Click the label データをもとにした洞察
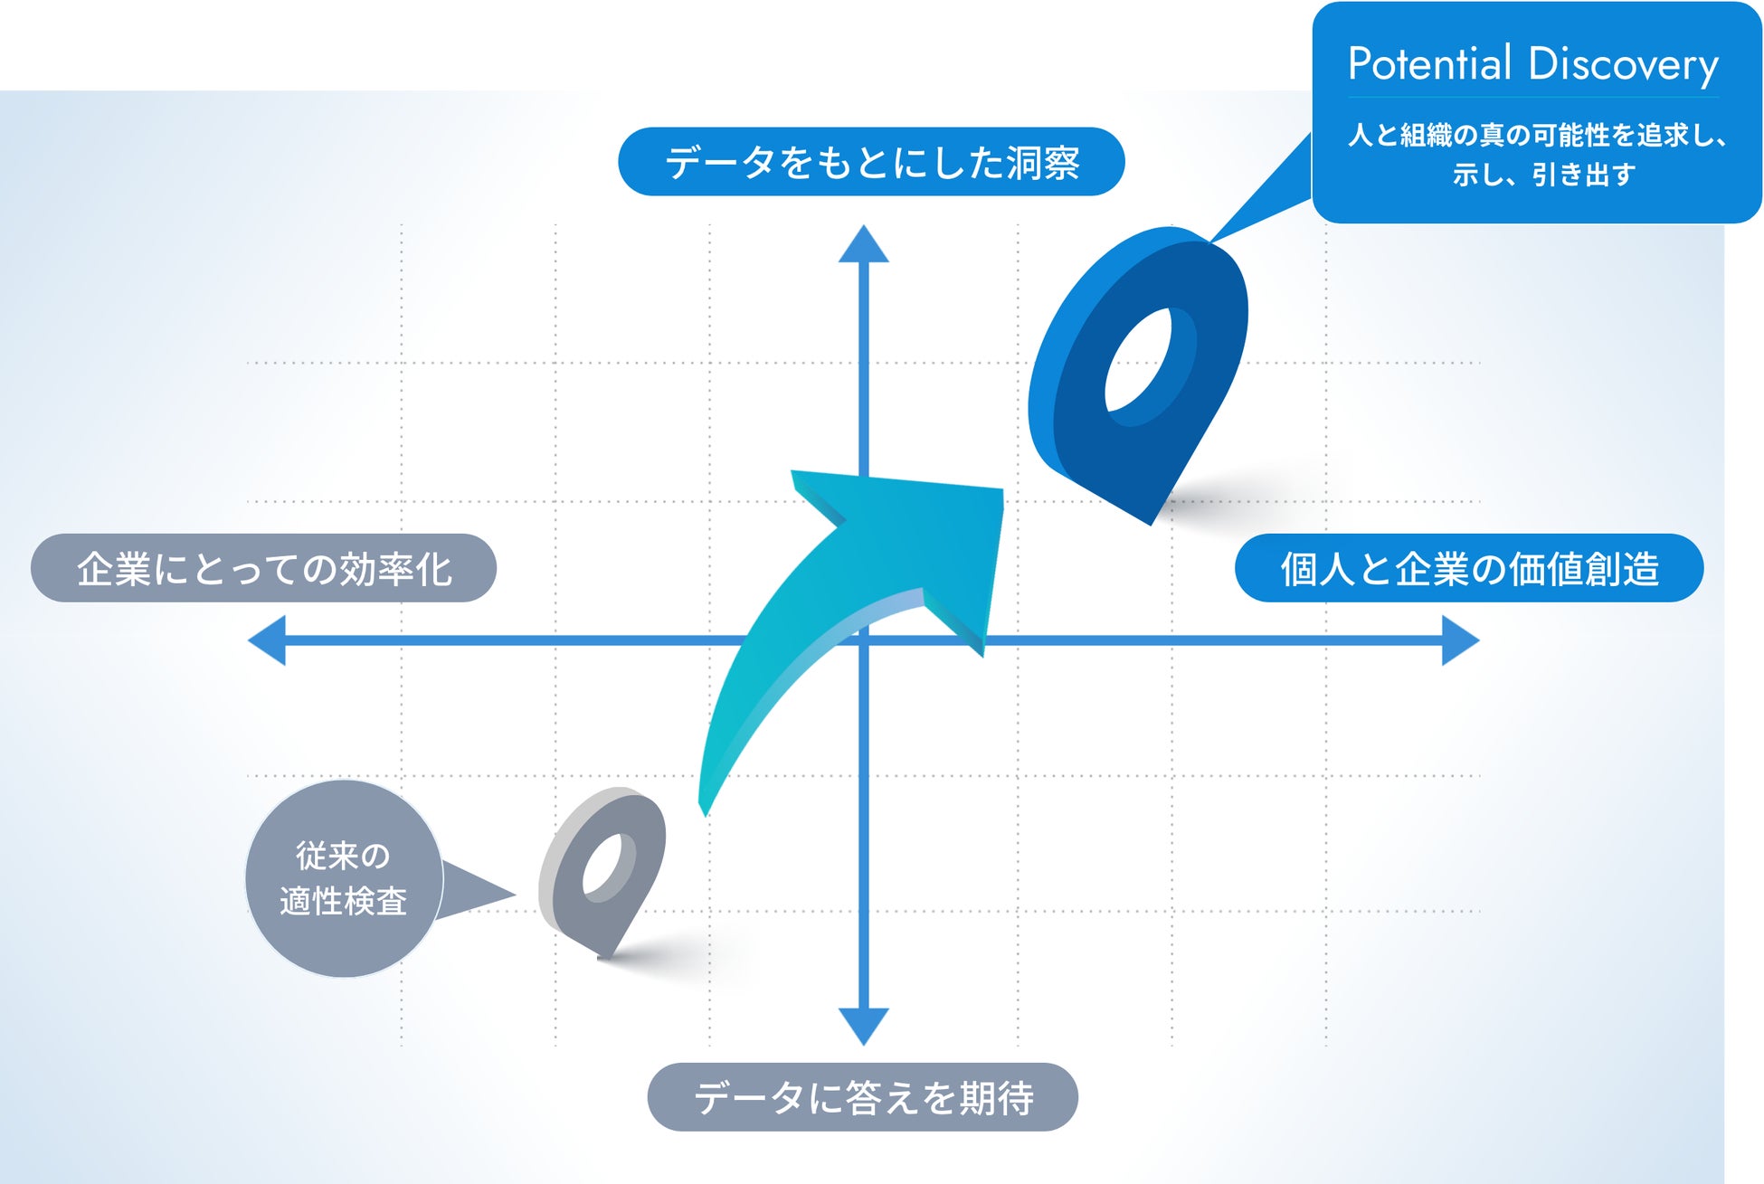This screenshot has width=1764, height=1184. (x=871, y=163)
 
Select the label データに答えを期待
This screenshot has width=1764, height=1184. (x=862, y=1097)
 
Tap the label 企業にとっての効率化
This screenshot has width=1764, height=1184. (x=263, y=569)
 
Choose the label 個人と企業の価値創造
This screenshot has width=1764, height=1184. (x=1469, y=569)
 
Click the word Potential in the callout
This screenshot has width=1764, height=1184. (x=1429, y=64)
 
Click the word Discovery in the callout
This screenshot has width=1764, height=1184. (x=1623, y=65)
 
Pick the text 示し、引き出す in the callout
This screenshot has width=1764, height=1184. (x=1543, y=174)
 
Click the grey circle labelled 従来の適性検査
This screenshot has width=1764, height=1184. (x=344, y=878)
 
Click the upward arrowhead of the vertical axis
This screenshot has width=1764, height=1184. (x=864, y=246)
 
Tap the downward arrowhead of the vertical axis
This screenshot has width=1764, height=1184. (x=864, y=1025)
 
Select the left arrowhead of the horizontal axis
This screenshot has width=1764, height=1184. (x=269, y=640)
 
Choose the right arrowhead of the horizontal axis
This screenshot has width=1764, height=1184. (x=1458, y=640)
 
